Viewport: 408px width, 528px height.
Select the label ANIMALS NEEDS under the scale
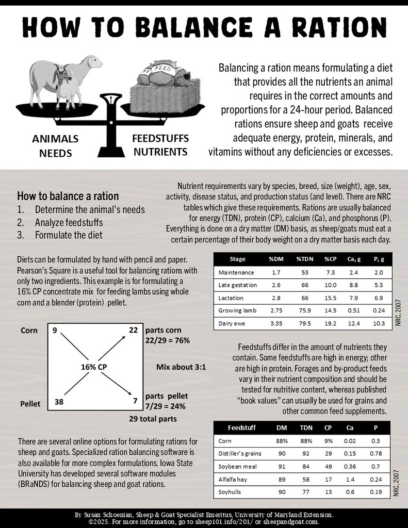click(56, 146)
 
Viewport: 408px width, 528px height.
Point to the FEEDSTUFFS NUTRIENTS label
click(160, 145)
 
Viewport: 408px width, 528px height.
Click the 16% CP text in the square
click(94, 367)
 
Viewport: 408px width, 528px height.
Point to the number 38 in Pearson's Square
click(59, 400)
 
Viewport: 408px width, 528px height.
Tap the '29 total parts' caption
click(153, 419)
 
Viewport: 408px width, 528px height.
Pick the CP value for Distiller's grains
click(328, 454)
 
